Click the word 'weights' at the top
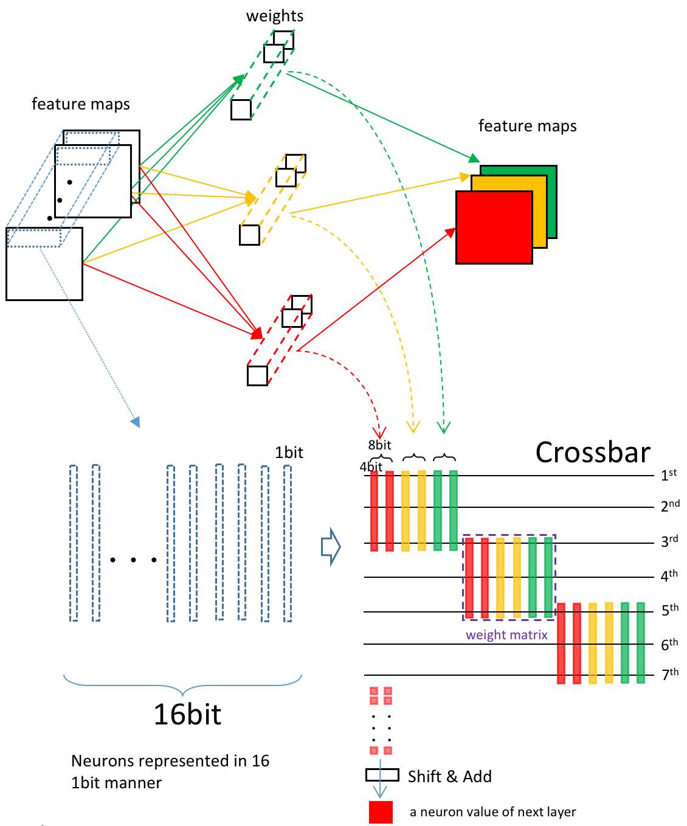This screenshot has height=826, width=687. coord(274,16)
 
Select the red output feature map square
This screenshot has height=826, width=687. coord(494,227)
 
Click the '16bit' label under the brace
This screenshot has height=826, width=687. coord(187,714)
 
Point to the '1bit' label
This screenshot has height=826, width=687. coord(289,453)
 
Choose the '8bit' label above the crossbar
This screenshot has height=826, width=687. coord(379,445)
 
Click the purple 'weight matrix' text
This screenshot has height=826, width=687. coord(506,634)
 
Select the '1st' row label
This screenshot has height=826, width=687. coord(669,474)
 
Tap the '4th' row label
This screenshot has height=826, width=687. coord(669,575)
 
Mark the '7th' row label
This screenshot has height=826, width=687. coord(670,674)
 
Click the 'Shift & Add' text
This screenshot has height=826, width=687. coord(450,777)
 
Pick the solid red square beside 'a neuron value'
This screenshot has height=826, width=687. coord(381,812)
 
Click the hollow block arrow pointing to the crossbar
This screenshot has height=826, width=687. coord(331,547)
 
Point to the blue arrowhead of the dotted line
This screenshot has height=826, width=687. coord(135,422)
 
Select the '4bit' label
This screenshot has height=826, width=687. coord(371,467)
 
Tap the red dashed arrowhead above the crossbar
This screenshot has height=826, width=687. coord(379,433)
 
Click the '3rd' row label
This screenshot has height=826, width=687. coord(669,540)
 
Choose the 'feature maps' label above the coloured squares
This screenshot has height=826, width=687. coord(527,126)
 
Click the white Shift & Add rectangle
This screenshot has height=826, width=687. coord(382,775)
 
